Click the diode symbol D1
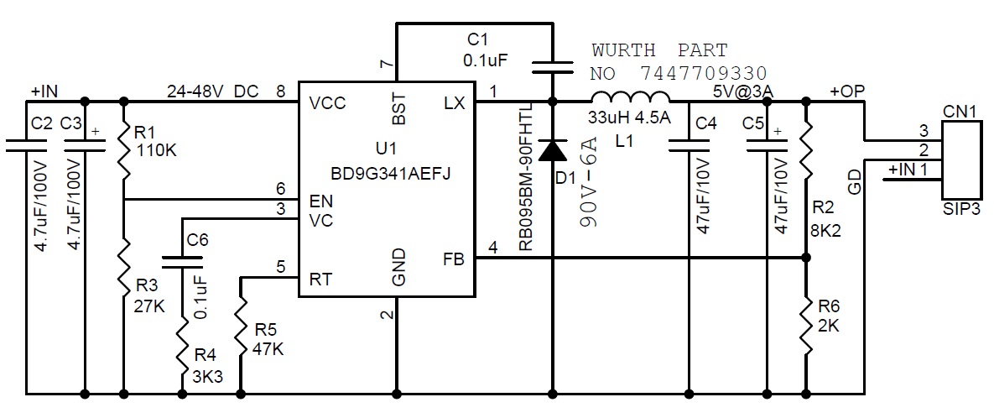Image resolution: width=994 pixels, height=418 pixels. tap(552, 149)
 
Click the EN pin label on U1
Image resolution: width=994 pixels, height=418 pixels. tap(320, 201)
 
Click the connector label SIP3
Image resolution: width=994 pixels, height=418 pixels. tap(960, 209)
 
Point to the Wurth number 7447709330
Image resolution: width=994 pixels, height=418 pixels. tap(702, 72)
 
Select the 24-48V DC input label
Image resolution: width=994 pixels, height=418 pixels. tap(213, 91)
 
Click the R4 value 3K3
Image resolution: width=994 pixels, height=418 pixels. tap(207, 377)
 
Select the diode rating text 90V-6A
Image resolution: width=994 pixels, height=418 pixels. tap(589, 190)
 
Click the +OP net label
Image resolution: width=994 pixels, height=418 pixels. tap(846, 91)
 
